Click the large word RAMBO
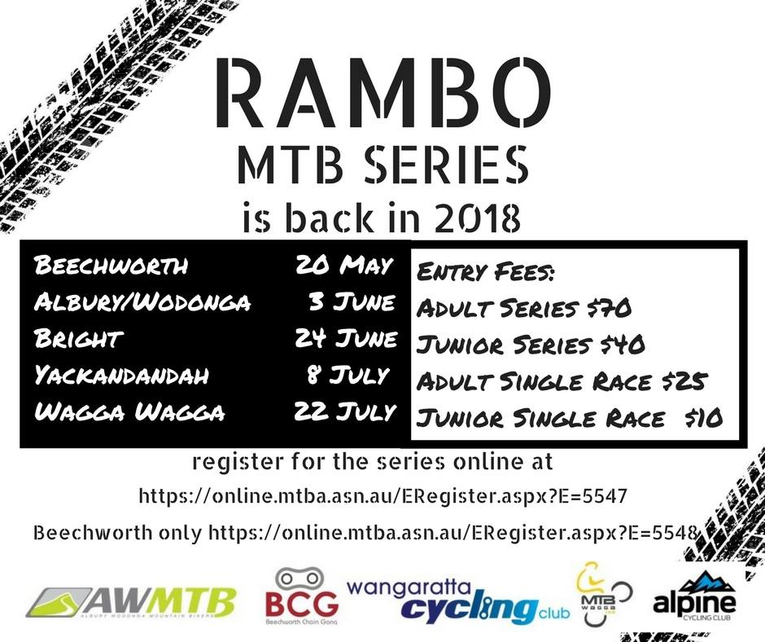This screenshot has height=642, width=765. (383, 93)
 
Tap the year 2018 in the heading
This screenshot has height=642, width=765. (477, 218)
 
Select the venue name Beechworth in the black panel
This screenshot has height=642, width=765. (111, 266)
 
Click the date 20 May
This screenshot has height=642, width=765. (344, 266)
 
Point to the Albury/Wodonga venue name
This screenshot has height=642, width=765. (142, 302)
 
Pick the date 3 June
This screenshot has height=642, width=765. (352, 302)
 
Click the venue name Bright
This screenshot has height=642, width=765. (78, 339)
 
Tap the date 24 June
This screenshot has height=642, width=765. (346, 339)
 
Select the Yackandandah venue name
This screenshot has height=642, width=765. (121, 376)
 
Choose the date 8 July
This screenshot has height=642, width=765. (348, 376)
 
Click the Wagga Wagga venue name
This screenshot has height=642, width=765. (129, 412)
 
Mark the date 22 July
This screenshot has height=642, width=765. (345, 412)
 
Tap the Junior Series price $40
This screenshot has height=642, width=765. (623, 345)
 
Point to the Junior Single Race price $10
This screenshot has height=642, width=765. (703, 418)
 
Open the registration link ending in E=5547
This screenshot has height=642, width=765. (382, 496)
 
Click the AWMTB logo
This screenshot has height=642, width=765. (131, 602)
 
